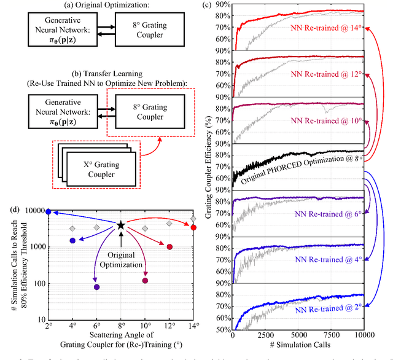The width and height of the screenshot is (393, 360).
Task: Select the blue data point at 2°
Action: (x=49, y=211)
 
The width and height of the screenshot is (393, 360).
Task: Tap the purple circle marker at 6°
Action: (x=96, y=287)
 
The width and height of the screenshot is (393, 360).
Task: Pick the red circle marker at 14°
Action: (x=193, y=227)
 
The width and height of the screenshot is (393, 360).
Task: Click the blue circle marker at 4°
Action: (x=72, y=240)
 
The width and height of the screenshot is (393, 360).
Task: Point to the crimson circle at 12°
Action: (x=169, y=247)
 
